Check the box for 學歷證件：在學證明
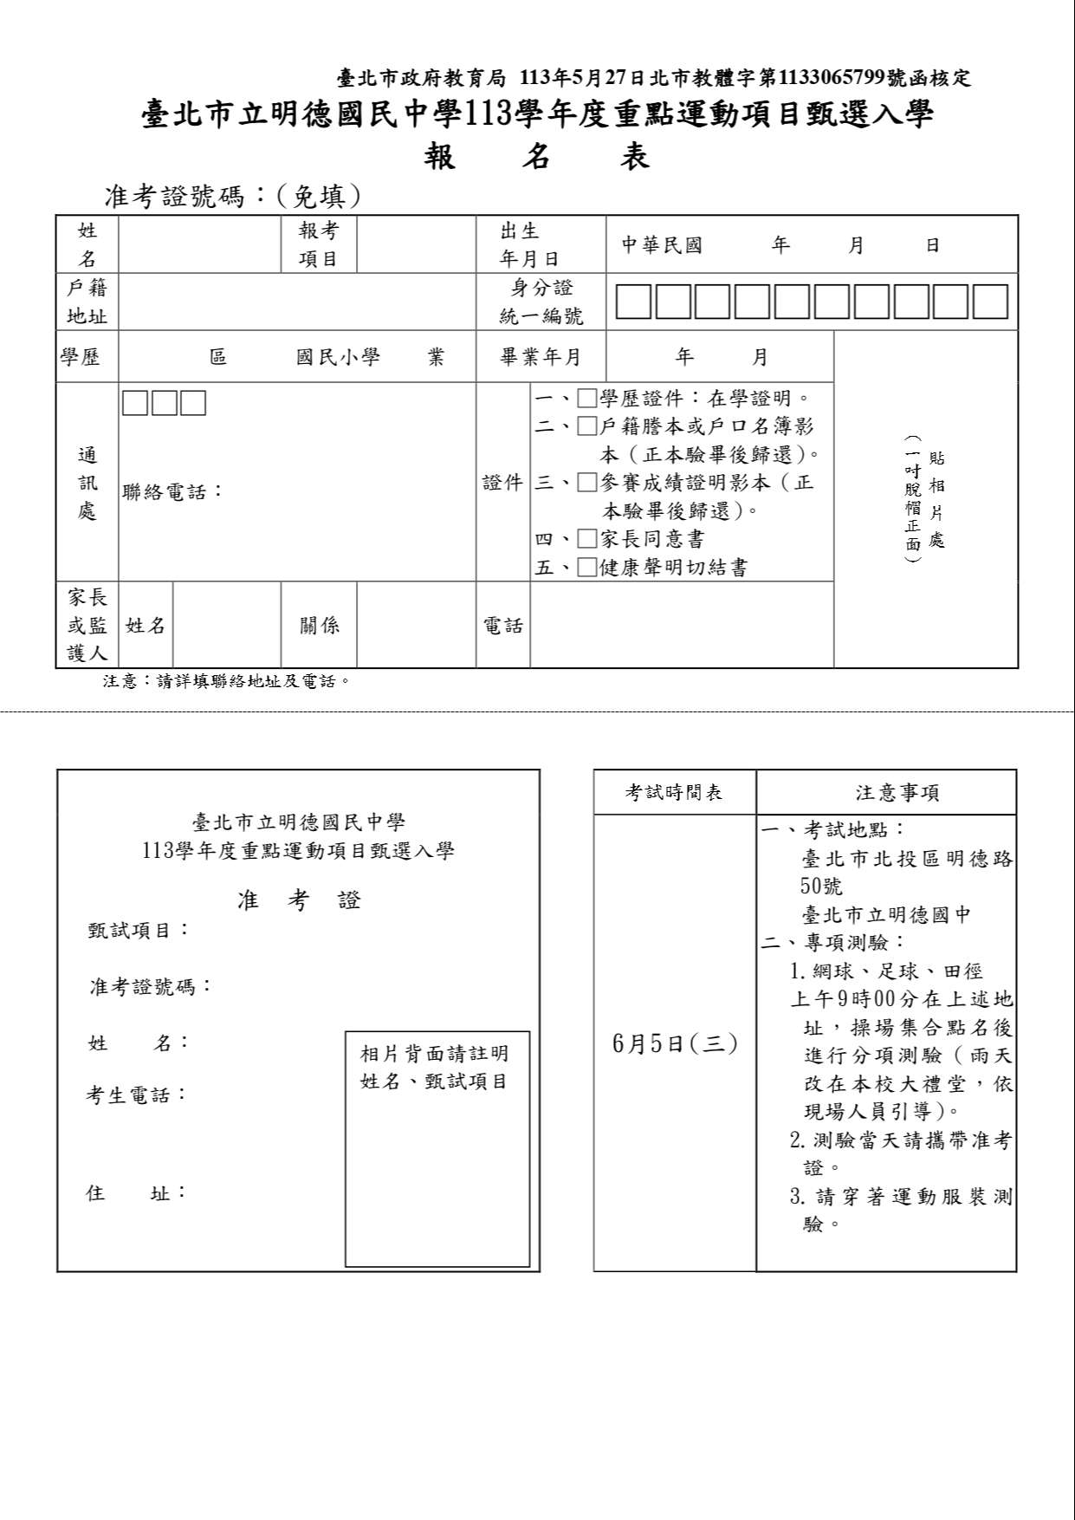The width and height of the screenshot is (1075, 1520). coord(587,399)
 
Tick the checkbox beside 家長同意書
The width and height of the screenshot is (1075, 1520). coord(587,539)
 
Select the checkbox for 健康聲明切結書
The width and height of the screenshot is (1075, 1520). coord(587,568)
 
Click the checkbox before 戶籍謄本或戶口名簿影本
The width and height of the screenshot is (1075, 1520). coord(587,426)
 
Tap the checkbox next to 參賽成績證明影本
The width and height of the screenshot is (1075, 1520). coord(587,483)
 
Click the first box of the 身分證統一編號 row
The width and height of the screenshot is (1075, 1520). coord(633,302)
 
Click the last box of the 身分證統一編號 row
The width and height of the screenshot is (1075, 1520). coord(990,302)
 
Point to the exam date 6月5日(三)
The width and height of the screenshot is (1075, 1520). coord(675,1043)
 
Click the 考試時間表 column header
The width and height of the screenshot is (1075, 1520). coord(674,792)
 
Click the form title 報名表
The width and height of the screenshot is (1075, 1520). coord(537,157)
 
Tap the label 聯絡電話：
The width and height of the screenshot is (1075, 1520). coord(173,492)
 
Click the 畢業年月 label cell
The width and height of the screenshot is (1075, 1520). coord(541,357)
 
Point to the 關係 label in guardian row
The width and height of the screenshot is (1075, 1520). coord(320,626)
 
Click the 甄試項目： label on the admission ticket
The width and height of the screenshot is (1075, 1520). coord(139,931)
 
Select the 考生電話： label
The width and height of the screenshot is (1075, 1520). coord(137,1095)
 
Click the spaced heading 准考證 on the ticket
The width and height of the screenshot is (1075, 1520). coord(299,900)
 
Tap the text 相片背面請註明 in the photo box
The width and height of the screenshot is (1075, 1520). coord(434,1054)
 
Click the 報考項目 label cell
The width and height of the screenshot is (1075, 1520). coord(319,244)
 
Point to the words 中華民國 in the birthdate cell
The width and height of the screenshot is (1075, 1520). coord(662,245)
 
